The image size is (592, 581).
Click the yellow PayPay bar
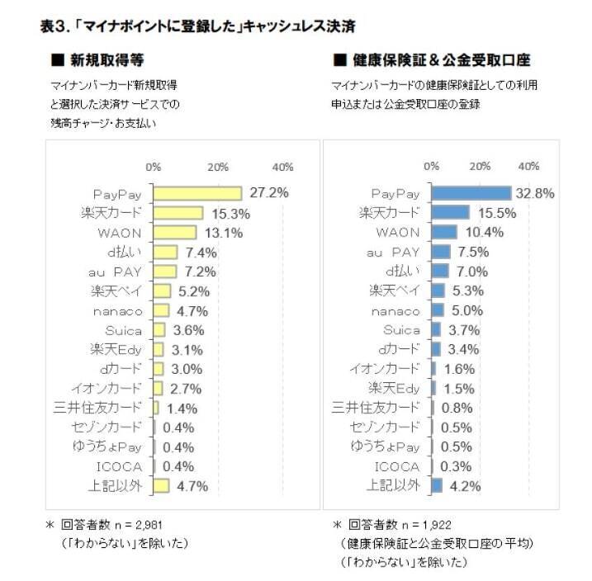point(197,193)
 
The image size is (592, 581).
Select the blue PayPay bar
point(471,193)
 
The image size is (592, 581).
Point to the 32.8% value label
point(534,193)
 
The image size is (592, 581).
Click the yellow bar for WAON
point(175,232)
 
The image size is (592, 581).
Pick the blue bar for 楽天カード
point(451,212)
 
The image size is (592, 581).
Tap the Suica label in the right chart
point(401,328)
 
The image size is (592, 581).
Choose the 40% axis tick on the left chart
point(282,167)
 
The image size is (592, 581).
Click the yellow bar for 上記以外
point(161,484)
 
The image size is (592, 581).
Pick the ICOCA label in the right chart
point(400,465)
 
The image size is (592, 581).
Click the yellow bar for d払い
point(165,252)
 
